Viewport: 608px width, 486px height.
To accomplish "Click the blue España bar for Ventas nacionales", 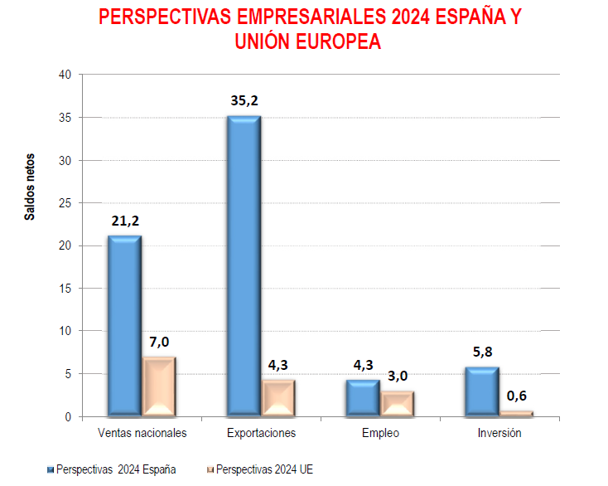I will point(125,325).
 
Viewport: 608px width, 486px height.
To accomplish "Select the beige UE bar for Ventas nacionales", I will point(159,386).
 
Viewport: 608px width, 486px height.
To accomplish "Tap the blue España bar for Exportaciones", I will point(244,265).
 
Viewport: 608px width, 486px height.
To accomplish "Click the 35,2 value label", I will point(245,100).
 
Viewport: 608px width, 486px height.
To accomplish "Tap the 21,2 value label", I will point(126,221).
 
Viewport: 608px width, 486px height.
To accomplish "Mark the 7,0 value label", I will point(159,342).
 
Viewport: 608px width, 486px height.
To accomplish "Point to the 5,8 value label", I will point(483,352).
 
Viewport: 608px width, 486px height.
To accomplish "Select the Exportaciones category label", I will point(261,433).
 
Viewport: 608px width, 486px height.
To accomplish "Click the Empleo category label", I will point(380,433).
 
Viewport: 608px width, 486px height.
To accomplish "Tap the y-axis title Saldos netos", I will point(30,187).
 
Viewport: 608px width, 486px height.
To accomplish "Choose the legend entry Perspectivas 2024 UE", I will point(259,470).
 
